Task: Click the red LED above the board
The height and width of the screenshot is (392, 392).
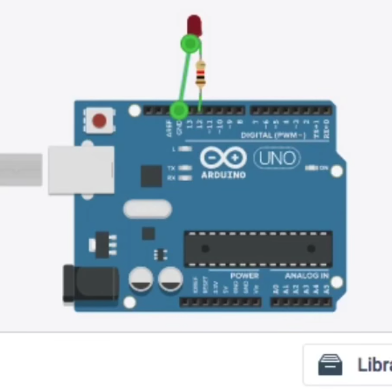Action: [194, 25]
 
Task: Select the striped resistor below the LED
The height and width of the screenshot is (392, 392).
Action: [200, 73]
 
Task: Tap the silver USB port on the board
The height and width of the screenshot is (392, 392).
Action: [81, 170]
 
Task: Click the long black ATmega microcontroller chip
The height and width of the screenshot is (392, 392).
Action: [257, 248]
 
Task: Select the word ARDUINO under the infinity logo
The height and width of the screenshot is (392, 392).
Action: [223, 175]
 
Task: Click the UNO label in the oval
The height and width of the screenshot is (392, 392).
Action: [276, 158]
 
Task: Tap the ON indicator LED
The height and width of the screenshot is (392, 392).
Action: [311, 168]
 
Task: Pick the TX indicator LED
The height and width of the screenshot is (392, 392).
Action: [186, 168]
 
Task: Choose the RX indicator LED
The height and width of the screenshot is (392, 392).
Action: [186, 177]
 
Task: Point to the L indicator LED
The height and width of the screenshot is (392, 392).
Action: [186, 149]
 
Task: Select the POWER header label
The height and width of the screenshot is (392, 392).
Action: [244, 276]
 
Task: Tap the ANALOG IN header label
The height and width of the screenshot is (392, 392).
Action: [306, 276]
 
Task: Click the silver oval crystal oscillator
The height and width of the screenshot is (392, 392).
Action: [148, 209]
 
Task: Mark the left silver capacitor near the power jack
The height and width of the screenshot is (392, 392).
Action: [141, 279]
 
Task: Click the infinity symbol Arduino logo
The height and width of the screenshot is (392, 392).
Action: [223, 158]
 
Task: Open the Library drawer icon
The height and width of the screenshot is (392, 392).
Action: [330, 365]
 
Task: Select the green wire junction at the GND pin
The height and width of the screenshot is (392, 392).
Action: [178, 110]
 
